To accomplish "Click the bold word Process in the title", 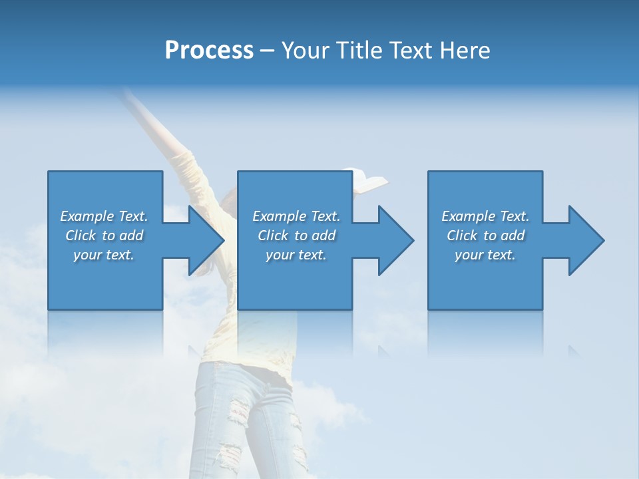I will tap(209, 51).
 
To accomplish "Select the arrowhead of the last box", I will tap(586, 240).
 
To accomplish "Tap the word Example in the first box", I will tap(87, 216).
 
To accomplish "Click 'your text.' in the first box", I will tap(104, 255).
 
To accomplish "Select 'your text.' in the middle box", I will tap(296, 255).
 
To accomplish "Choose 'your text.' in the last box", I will tap(485, 255).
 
